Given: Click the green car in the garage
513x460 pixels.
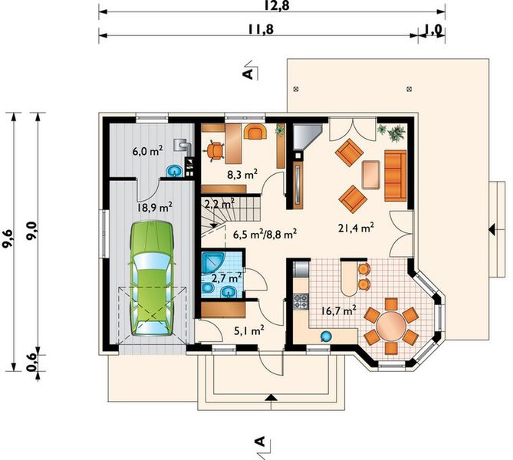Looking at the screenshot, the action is point(152,278).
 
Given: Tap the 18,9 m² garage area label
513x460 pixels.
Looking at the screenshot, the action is point(155,207).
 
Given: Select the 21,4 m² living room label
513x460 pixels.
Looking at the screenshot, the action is point(357,228).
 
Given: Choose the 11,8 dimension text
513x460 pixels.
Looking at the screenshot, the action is point(260,29).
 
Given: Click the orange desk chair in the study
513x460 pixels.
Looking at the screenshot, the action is point(214,151).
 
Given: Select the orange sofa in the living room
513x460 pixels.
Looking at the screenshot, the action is point(396,176).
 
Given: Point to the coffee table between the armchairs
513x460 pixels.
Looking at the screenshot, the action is point(371,175).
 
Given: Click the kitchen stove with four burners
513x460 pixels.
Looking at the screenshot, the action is point(301,301).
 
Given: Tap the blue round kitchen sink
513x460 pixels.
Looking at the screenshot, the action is point(326,336).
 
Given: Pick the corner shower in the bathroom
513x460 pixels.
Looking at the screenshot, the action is point(212,261).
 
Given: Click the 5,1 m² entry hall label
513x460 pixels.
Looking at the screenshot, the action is point(249,330).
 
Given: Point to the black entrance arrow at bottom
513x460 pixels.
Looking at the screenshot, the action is point(271,397).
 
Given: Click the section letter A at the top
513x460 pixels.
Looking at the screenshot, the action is point(248,74).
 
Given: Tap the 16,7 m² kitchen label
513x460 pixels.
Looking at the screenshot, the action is point(339,310).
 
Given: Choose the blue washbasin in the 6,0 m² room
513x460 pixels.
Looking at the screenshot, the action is point(175,171).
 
